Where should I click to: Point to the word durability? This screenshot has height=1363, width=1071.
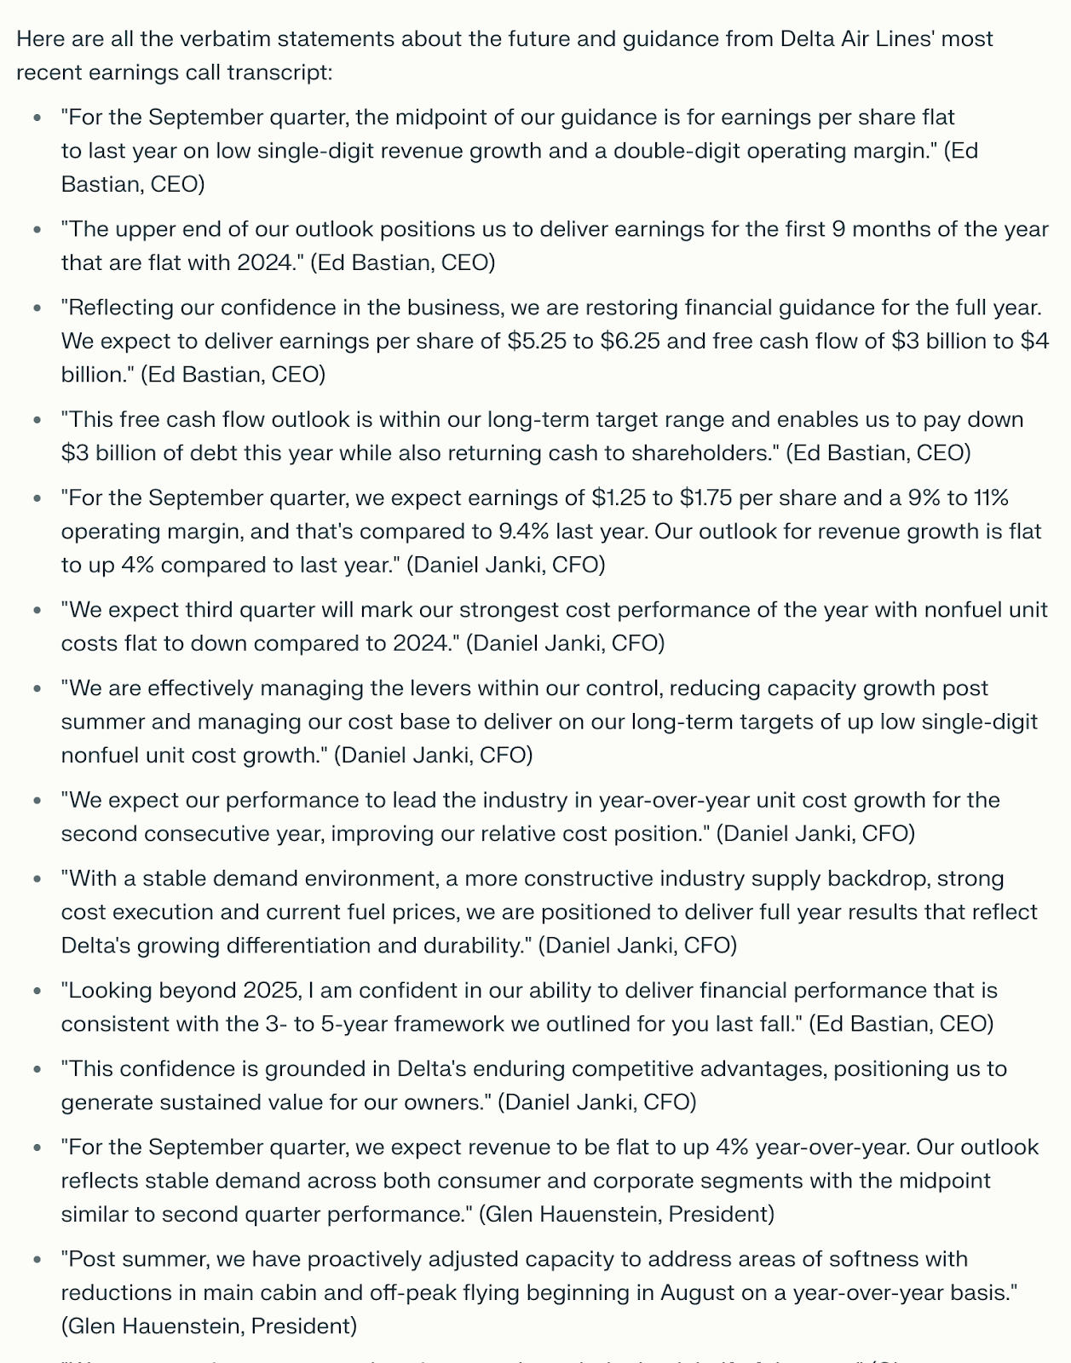coord(469,946)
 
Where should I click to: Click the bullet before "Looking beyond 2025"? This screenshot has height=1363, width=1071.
coord(37,992)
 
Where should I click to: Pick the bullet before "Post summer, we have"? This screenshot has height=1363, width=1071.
coord(37,1260)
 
